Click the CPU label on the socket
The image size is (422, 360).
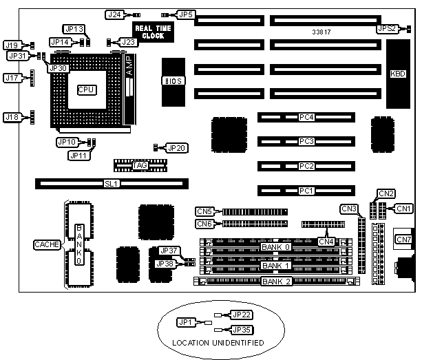pyautogui.click(x=87, y=89)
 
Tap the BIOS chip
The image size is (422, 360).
pyautogui.click(x=173, y=81)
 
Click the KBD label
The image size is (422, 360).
pyautogui.click(x=398, y=74)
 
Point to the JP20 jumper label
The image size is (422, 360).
pyautogui.click(x=176, y=147)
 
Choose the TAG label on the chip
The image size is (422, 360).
pyautogui.click(x=140, y=165)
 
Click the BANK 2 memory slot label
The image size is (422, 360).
pyautogui.click(x=275, y=281)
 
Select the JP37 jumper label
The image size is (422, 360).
pyautogui.click(x=169, y=251)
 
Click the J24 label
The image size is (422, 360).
pyautogui.click(x=114, y=14)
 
